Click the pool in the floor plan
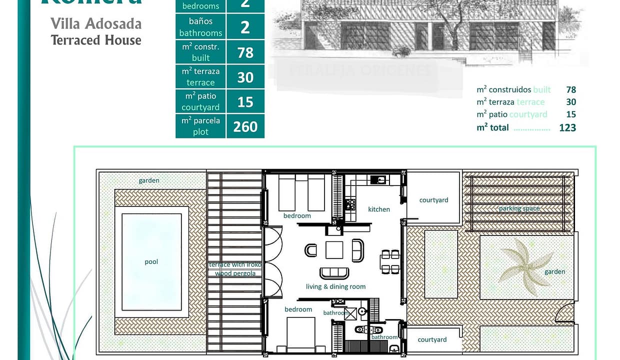(151, 261)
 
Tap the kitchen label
(379, 209)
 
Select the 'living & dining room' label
(335, 286)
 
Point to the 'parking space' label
(519, 208)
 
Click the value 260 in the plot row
(245, 126)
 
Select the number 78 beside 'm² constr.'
(245, 52)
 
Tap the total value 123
(567, 127)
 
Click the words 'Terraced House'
(96, 40)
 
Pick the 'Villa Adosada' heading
(96, 23)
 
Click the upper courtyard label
(433, 200)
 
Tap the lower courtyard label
(432, 339)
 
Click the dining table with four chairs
(389, 261)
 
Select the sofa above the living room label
(334, 273)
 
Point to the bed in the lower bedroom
(300, 331)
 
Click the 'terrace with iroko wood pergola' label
(235, 269)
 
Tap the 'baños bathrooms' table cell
(200, 27)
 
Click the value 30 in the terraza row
(245, 77)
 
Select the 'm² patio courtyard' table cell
(200, 101)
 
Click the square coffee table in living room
(334, 249)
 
